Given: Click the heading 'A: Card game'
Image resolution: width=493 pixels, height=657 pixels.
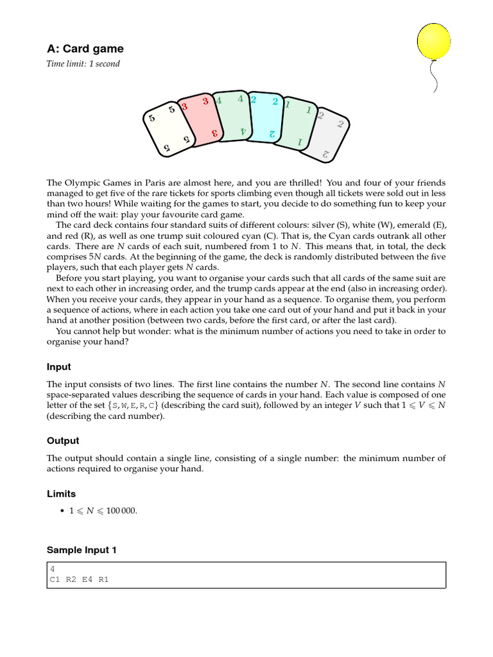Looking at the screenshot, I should (85, 49).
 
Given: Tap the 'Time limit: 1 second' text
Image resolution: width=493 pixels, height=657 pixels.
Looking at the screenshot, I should (83, 64).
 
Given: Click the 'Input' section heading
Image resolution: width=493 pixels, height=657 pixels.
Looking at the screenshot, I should (58, 367).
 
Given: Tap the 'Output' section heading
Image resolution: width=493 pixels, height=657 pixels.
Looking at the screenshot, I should (63, 441).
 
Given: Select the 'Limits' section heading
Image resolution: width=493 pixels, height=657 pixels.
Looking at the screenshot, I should (61, 494).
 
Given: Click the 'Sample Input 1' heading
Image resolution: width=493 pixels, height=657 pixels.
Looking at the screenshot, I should (82, 550).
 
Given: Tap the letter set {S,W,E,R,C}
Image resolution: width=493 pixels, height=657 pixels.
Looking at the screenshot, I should (135, 405).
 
